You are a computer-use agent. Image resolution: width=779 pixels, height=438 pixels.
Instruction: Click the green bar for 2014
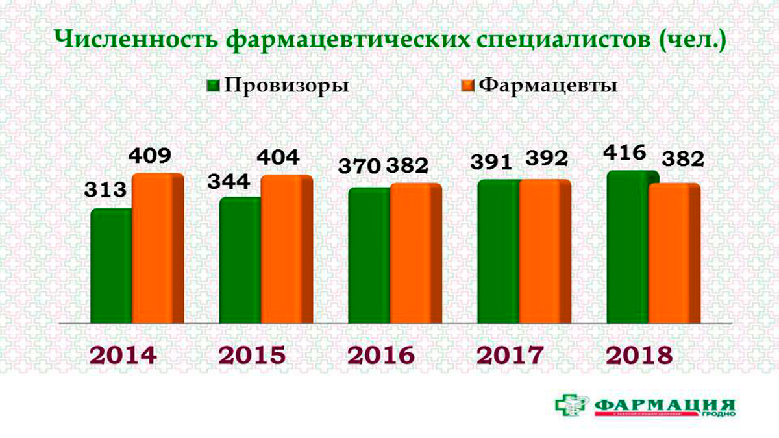coord(112,266)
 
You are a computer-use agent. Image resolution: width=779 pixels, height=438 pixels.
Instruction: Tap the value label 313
coord(106,191)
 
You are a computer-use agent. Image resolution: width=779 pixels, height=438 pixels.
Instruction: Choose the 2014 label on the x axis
coord(123,356)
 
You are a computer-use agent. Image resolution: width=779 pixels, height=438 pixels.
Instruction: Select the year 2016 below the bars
coord(381,356)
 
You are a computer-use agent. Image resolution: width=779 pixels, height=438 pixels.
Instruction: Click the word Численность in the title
coord(134,40)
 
